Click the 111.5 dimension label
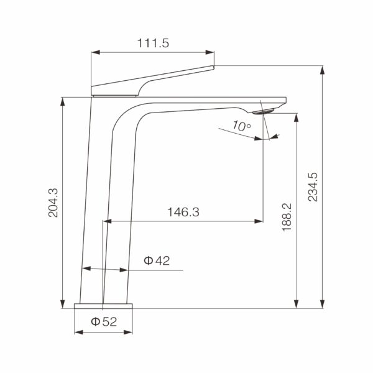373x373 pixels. [x=153, y=43]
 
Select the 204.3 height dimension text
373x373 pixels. [x=53, y=203]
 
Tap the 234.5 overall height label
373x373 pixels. [x=313, y=187]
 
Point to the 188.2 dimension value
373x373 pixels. [x=287, y=217]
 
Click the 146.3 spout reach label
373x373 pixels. [x=183, y=212]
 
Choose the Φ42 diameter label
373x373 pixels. [x=157, y=260]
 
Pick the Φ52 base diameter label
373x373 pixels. [x=104, y=322]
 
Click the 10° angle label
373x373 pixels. [x=241, y=126]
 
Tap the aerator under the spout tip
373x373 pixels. [x=264, y=111]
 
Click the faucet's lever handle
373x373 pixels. [x=152, y=81]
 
